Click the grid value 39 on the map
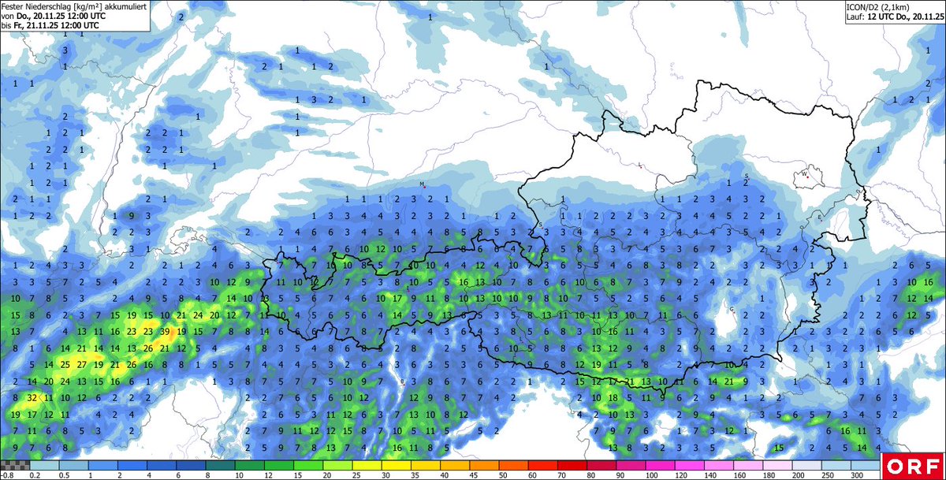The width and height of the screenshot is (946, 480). (x=165, y=331)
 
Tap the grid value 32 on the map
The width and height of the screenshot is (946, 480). (x=32, y=397)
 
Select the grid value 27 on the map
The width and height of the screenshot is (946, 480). (x=81, y=364)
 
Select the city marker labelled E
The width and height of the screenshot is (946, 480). (x=820, y=218)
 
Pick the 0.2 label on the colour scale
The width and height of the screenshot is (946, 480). (x=35, y=475)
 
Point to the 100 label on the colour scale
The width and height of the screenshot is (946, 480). (x=651, y=475)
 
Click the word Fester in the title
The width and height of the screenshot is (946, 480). (x=13, y=6)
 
